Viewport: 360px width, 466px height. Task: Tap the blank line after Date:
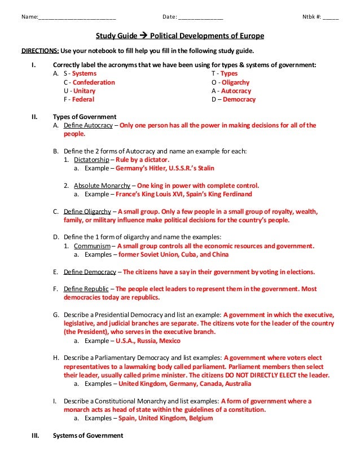200,16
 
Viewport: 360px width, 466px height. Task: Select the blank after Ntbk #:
331,16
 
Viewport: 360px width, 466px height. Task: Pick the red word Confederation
93,82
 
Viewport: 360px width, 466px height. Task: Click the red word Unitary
84,91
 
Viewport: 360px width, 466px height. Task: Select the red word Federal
83,99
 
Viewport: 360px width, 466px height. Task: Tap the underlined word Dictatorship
92,160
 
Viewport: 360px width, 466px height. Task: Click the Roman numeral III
35,436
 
